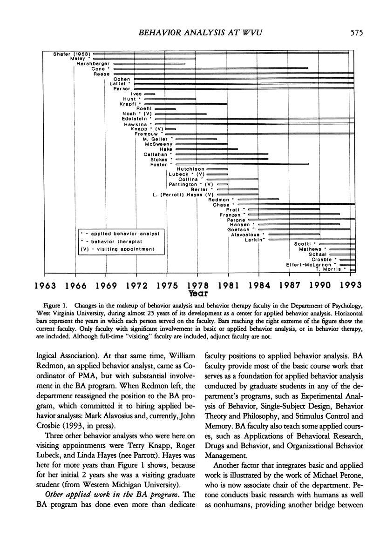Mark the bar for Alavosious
294,234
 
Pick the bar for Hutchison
217,169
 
